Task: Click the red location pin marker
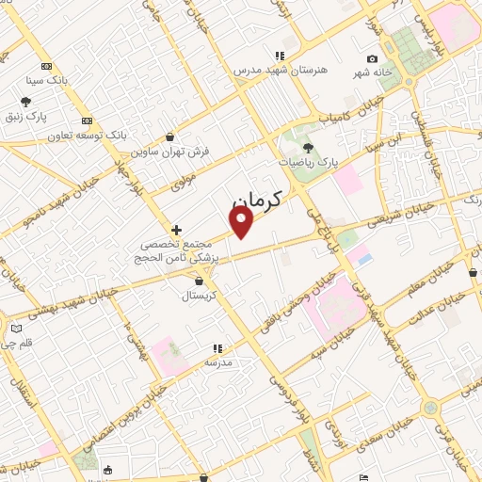click(242, 222)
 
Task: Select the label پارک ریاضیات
click(307, 163)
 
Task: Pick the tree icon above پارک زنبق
click(25, 102)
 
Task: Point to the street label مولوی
click(182, 180)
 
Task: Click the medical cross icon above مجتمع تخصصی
click(176, 230)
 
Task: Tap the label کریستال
click(199, 296)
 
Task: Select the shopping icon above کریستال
click(199, 281)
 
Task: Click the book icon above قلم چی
click(15, 329)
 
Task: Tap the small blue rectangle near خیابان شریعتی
click(365, 258)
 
